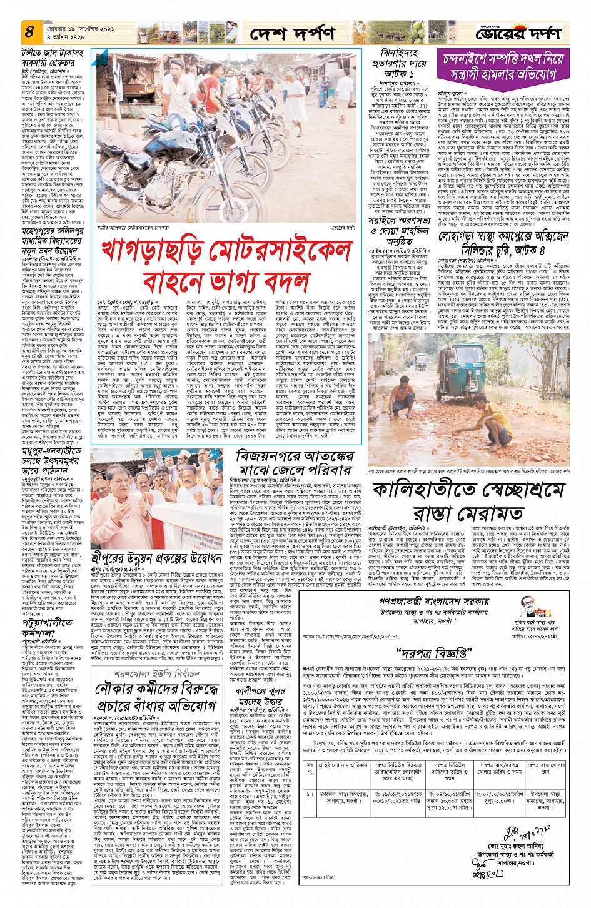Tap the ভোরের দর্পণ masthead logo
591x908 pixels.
(x=517, y=33)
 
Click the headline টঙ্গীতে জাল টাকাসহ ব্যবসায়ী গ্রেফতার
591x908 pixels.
(x=53, y=58)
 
